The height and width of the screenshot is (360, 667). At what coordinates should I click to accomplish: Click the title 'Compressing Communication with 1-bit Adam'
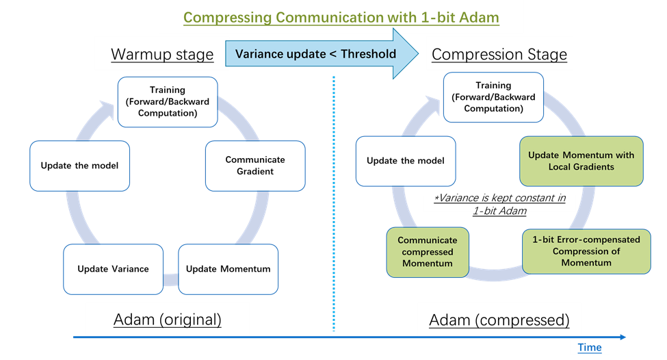coord(341,17)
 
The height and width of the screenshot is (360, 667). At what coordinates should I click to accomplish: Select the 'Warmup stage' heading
coord(162,54)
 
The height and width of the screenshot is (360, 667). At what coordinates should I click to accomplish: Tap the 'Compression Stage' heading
coord(499,54)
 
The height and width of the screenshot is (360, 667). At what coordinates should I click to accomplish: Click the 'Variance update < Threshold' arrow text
coord(315,54)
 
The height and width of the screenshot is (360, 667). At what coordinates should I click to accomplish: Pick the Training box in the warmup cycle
coord(168,101)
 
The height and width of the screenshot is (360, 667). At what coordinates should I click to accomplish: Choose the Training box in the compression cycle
coord(493,97)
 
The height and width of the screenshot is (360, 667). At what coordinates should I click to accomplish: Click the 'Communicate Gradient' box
coord(254,166)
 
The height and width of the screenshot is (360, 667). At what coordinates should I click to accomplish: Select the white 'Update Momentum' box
coord(228,269)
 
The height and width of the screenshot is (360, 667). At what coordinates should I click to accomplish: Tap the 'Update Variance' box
coord(112,269)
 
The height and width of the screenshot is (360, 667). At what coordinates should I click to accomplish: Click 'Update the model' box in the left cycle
coord(79,166)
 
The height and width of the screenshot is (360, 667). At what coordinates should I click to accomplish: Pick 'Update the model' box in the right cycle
coord(406,161)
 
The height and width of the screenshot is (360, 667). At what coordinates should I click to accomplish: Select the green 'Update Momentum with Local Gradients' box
coord(581,161)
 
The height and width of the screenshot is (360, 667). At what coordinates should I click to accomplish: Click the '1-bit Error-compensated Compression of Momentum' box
coord(586,251)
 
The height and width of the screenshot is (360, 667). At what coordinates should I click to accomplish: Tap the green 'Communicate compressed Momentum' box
coord(428,253)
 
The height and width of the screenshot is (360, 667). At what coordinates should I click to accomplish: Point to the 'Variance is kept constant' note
coord(499,203)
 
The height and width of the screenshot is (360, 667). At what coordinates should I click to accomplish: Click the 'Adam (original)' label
coord(167,320)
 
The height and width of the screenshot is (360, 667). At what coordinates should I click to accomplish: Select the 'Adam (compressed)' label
coord(499,320)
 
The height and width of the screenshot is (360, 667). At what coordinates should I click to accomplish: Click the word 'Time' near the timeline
coord(589,348)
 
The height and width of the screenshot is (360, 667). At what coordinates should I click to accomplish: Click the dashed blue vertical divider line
coord(333,205)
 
